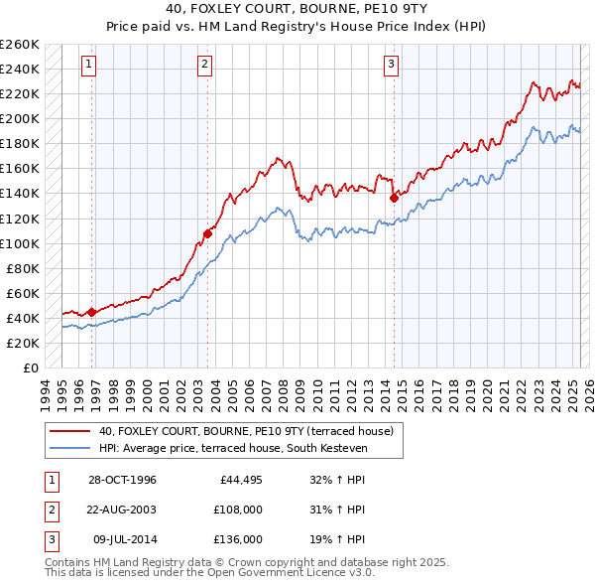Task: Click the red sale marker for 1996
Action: click(x=92, y=312)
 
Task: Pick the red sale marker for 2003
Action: click(x=207, y=233)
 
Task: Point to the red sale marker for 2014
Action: click(x=394, y=198)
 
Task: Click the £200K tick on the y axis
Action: click(x=20, y=118)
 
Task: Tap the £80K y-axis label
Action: click(x=23, y=268)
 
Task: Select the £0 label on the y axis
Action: click(x=30, y=367)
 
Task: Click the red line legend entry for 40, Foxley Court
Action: click(x=246, y=431)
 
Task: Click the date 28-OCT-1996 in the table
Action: click(x=122, y=480)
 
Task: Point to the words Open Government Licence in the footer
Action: click(x=287, y=573)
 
